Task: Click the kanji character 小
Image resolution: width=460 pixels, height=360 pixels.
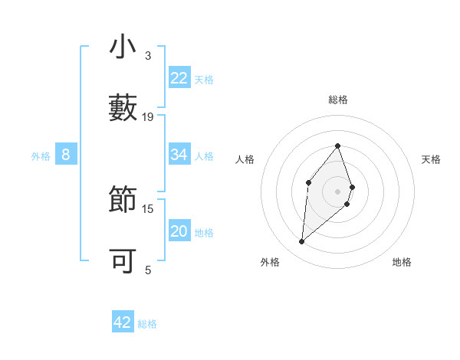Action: tap(123, 47)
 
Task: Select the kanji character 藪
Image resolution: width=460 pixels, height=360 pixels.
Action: tap(123, 108)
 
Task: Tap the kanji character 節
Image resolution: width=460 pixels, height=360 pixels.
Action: tap(123, 200)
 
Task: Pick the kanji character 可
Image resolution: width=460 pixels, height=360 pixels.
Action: tap(123, 261)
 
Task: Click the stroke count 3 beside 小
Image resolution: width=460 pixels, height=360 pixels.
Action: tap(148, 55)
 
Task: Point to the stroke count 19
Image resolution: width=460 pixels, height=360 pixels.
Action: tap(148, 116)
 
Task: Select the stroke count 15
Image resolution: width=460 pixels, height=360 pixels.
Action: tap(148, 208)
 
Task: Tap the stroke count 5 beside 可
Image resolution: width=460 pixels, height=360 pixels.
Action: tap(148, 270)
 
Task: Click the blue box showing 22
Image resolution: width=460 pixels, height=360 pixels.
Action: tap(179, 78)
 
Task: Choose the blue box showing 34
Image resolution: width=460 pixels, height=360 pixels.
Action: tap(179, 155)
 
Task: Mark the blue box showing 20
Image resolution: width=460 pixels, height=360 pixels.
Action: tap(179, 231)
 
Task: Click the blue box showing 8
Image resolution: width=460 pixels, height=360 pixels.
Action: tap(66, 155)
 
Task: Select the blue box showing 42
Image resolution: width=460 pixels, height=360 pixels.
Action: tap(123, 322)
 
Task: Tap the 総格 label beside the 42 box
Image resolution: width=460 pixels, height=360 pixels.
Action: tap(147, 324)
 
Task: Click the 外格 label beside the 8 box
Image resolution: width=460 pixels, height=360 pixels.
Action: tap(41, 156)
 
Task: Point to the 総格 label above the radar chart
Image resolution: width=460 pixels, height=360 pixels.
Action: tap(337, 100)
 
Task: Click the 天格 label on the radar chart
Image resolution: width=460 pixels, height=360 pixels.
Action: tap(432, 159)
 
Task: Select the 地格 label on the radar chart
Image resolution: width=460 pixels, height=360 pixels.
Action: tap(402, 262)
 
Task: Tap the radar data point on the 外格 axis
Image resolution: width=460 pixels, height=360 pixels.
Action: tap(301, 242)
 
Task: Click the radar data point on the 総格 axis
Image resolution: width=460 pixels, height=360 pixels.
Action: tap(337, 146)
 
